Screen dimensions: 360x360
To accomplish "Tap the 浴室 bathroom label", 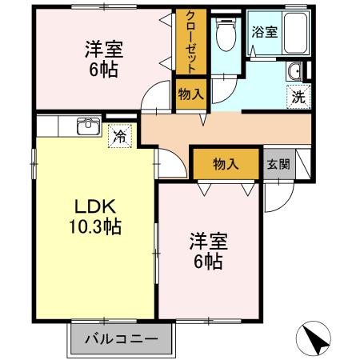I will [x=266, y=32].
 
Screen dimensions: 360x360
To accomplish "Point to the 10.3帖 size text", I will [x=94, y=227].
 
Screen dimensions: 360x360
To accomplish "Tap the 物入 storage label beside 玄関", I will [x=226, y=164].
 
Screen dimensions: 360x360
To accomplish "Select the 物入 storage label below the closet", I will [x=190, y=94].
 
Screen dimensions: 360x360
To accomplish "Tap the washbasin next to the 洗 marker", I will [x=295, y=72].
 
